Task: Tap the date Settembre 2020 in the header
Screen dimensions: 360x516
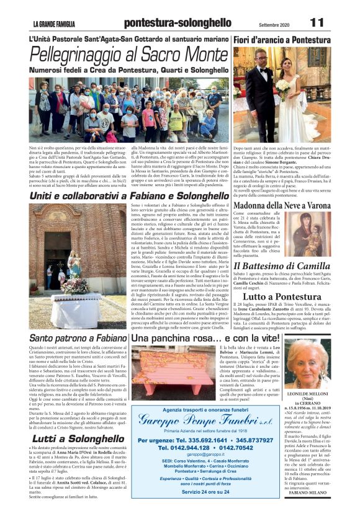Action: point(273,24)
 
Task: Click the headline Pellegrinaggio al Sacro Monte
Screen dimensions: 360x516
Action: point(128,55)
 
